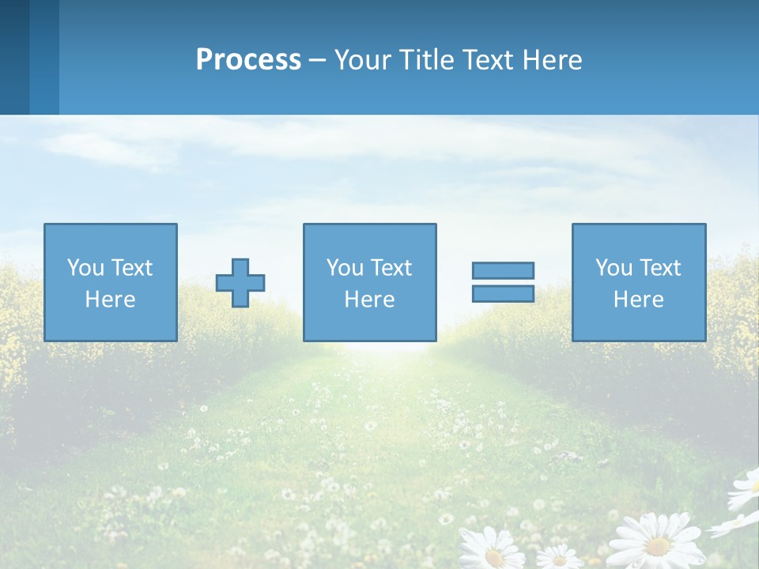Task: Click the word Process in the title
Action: [248, 60]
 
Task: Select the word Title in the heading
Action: [425, 60]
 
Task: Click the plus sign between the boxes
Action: [240, 283]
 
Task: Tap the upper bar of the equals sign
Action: [503, 271]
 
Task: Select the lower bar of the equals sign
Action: [503, 294]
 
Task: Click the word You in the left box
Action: [85, 268]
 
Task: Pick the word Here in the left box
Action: [110, 300]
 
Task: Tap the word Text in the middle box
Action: [391, 268]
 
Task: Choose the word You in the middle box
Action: [345, 268]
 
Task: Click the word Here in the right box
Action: [638, 300]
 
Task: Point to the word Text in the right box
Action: [659, 268]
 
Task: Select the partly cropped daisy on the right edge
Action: [745, 490]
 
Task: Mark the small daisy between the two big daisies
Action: [560, 557]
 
